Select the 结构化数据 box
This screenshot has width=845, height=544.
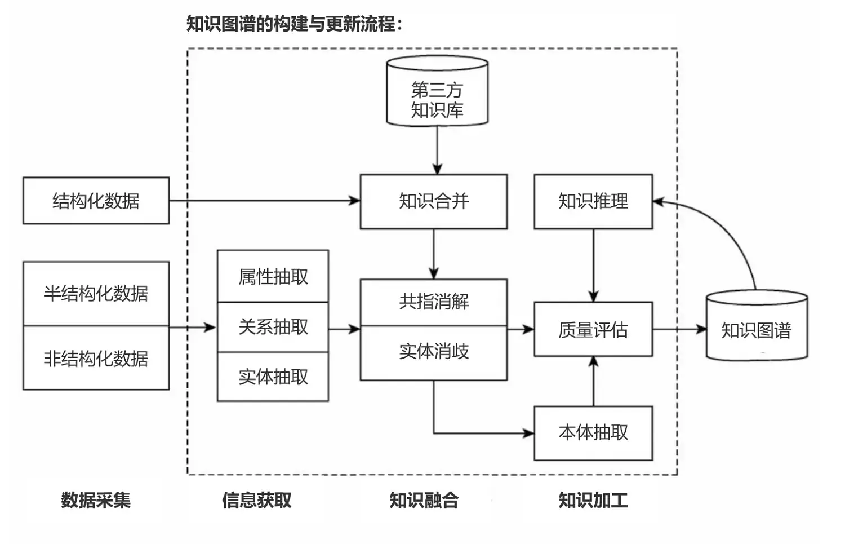point(96,201)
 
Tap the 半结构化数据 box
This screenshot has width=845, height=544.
point(96,293)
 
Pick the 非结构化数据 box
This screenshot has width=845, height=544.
point(96,358)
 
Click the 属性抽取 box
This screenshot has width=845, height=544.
point(273,276)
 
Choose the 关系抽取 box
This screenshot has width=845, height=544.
point(273,327)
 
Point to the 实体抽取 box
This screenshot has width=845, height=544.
point(273,377)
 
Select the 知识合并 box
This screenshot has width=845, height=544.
point(433,201)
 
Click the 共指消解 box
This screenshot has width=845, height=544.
point(433,302)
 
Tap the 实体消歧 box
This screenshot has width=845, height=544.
point(433,352)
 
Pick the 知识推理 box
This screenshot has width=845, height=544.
point(593,201)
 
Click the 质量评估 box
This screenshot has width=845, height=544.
point(593,329)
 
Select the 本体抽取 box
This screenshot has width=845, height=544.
point(593,433)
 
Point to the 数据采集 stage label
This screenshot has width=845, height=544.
point(96,500)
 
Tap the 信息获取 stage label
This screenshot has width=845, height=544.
point(257,500)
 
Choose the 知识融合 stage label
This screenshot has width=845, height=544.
point(424,500)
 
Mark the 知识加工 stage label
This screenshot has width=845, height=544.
point(593,500)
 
